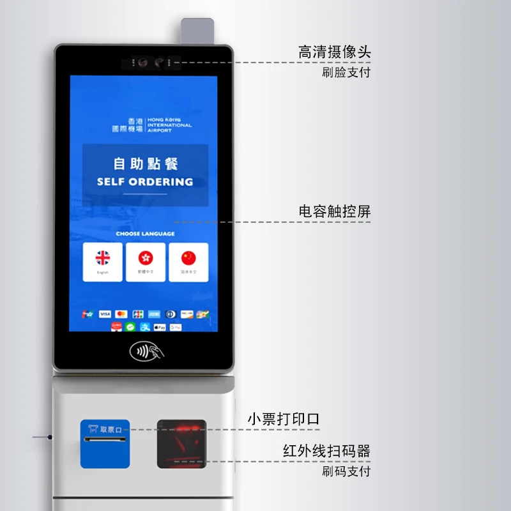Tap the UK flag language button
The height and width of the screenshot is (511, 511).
[x=103, y=261]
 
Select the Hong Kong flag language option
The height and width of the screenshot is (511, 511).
[x=146, y=261]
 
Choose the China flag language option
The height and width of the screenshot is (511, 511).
[x=188, y=261]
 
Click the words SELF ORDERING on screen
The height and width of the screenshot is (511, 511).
[x=145, y=181]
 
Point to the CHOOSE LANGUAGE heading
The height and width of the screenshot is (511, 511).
[x=145, y=234]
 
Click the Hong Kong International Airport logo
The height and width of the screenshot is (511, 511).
[x=151, y=125]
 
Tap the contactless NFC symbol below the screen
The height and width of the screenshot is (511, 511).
[x=146, y=351]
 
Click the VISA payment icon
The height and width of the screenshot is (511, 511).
[x=105, y=314]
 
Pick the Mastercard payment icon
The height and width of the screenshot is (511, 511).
[x=121, y=314]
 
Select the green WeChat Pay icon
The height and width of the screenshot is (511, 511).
[x=130, y=326]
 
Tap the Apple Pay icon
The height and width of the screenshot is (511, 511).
[x=160, y=327]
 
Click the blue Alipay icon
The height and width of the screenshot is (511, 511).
[x=145, y=326]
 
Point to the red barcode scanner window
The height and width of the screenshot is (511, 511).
[x=182, y=443]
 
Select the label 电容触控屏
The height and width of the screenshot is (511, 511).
[x=334, y=211]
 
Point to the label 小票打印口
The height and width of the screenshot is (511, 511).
[x=283, y=420]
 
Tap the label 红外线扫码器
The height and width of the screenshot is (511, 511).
[x=326, y=451]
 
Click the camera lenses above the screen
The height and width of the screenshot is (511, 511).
[x=151, y=63]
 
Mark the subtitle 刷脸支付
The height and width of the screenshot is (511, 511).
[x=346, y=72]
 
